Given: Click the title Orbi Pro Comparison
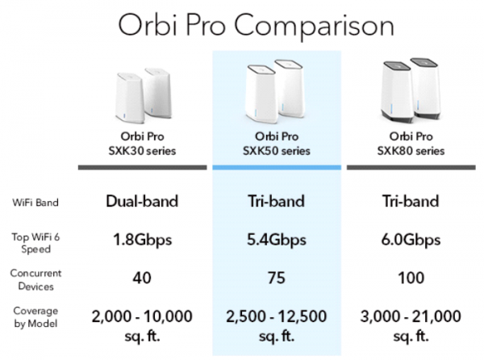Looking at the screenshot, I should coord(242,24).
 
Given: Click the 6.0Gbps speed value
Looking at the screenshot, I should coord(411,240).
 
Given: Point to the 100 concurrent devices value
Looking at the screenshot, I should coord(411,279).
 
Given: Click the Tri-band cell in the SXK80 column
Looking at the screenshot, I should coord(411,202).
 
